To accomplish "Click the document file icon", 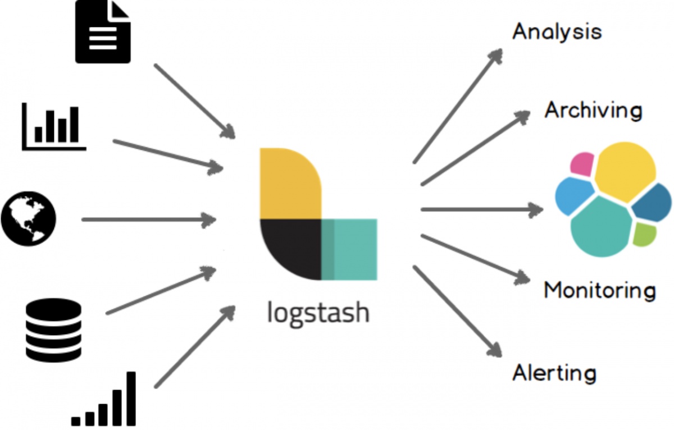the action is [x=103, y=31].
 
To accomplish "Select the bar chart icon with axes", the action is [x=54, y=126].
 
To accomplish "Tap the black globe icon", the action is [x=29, y=218].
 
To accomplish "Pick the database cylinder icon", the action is [x=53, y=330].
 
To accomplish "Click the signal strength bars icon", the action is [x=103, y=399].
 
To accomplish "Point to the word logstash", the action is [x=318, y=313].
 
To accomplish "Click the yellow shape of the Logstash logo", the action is [x=290, y=183].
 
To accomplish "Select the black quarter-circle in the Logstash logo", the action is [x=291, y=249].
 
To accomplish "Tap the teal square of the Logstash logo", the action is [x=349, y=249].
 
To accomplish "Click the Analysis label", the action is [x=557, y=32].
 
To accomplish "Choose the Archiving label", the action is [x=593, y=111].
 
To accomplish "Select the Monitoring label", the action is [x=600, y=290].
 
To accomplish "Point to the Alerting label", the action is [x=554, y=373].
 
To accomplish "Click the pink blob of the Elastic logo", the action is [x=582, y=164].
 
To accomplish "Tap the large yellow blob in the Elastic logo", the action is [x=625, y=172].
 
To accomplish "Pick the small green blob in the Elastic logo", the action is [x=645, y=235].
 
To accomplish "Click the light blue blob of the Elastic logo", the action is [x=574, y=196].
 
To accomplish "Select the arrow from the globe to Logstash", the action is [x=149, y=220].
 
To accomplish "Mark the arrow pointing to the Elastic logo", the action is [x=482, y=209].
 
